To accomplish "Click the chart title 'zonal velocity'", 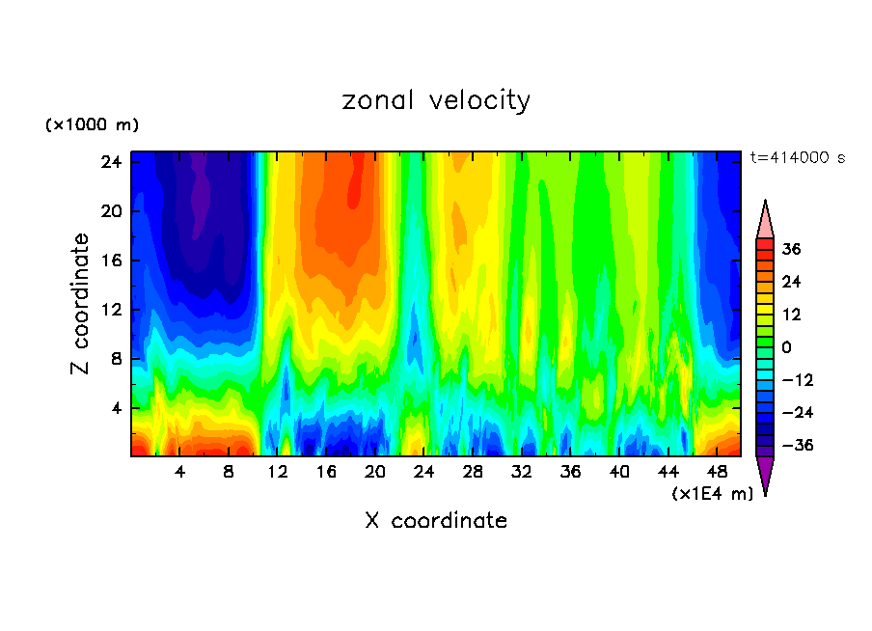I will pyautogui.click(x=436, y=100).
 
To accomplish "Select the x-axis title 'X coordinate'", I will pyautogui.click(x=436, y=521).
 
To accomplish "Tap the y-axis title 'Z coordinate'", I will pyautogui.click(x=81, y=304).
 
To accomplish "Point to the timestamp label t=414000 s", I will pyautogui.click(x=798, y=158).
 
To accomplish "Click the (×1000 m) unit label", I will pyautogui.click(x=92, y=125).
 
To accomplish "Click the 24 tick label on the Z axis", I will pyautogui.click(x=109, y=162).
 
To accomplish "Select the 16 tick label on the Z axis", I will pyautogui.click(x=109, y=261).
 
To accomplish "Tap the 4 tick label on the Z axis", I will pyautogui.click(x=114, y=408).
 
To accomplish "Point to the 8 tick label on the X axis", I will pyautogui.click(x=229, y=473).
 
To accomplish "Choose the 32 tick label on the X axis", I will pyautogui.click(x=522, y=473).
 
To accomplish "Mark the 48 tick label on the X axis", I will pyautogui.click(x=718, y=473).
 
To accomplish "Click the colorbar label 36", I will pyautogui.click(x=792, y=249).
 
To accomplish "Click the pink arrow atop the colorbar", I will pyautogui.click(x=765, y=220).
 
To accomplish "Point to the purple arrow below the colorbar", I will pyautogui.click(x=765, y=475).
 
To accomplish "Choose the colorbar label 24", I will pyautogui.click(x=792, y=282).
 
